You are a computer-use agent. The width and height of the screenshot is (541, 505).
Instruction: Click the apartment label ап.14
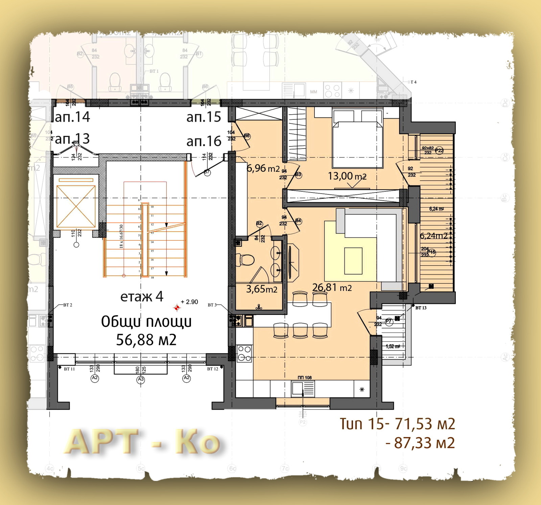(x=72, y=117)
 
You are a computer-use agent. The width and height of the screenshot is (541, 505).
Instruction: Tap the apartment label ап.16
(x=204, y=141)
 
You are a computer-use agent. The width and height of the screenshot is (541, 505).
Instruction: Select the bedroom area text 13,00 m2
(x=347, y=176)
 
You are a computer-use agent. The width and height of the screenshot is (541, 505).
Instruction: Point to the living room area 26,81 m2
(x=332, y=288)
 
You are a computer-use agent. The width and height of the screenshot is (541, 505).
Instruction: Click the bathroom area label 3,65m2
(x=261, y=289)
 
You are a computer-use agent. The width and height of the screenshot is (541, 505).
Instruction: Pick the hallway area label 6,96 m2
(x=263, y=168)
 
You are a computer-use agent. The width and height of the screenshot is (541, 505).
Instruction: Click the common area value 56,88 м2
(x=146, y=340)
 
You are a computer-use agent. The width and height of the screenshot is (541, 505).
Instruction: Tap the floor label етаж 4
(x=142, y=297)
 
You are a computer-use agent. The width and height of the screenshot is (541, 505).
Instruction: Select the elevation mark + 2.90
(x=189, y=302)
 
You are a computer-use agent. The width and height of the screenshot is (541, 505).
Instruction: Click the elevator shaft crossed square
(x=76, y=206)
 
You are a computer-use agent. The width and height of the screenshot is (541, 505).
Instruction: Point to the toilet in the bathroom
(x=246, y=260)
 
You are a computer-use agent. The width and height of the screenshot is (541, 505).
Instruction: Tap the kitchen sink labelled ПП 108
(x=303, y=389)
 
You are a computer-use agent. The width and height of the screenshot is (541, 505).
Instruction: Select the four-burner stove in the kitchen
(x=244, y=353)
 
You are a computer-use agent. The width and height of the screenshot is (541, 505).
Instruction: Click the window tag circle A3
(x=141, y=380)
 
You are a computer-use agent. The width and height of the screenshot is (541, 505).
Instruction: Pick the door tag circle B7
(x=207, y=172)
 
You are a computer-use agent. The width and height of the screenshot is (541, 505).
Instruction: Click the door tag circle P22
(x=439, y=151)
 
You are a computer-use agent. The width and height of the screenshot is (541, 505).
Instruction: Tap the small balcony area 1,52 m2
(x=393, y=346)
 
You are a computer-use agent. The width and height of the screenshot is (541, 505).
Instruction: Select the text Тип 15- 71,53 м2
(x=397, y=424)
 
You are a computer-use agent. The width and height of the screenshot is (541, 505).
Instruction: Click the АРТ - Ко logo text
(x=142, y=442)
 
